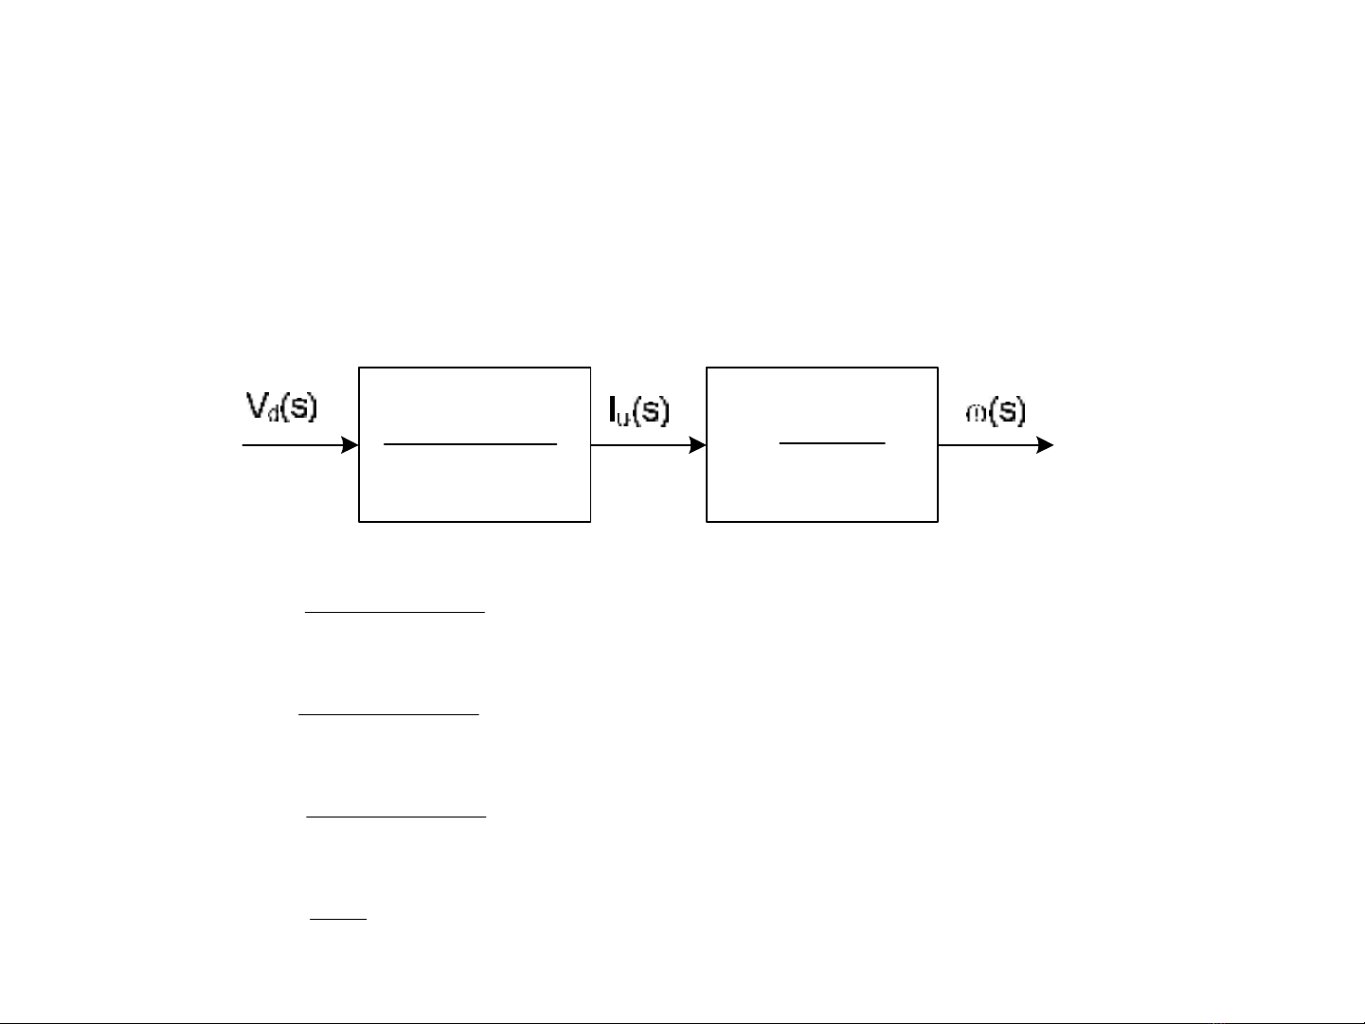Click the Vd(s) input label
(281, 407)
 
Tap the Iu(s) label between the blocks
(638, 410)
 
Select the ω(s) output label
(996, 411)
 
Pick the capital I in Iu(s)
(613, 409)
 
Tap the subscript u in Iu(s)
(623, 417)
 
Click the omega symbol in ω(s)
(976, 414)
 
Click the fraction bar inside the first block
(470, 443)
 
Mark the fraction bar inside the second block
(832, 442)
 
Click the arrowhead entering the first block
(350, 445)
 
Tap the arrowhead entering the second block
(698, 445)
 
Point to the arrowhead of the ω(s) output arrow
(1046, 445)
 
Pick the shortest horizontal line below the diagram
(338, 918)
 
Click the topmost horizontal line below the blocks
(394, 613)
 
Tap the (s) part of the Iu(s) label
(652, 410)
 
